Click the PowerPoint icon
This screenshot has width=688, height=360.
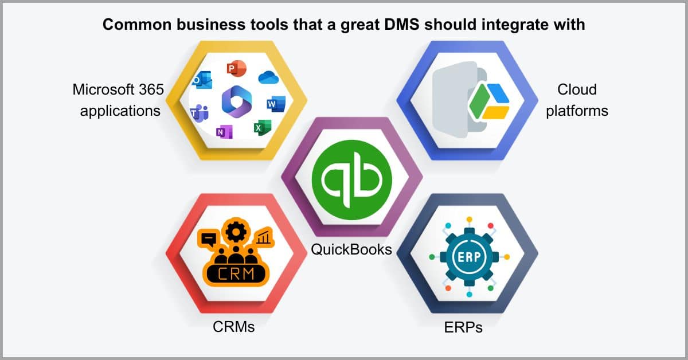(x=236, y=68)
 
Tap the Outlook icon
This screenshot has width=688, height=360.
(x=202, y=80)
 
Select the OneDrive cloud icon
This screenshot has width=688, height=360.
(x=268, y=77)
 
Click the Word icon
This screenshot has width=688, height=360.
(x=276, y=104)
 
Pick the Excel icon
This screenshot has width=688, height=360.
(x=263, y=127)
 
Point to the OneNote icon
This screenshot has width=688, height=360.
(x=224, y=132)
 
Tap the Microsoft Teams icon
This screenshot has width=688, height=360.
(x=200, y=113)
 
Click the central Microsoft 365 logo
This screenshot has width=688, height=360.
(x=236, y=101)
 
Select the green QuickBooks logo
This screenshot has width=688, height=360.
(x=351, y=179)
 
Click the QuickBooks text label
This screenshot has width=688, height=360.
(x=351, y=249)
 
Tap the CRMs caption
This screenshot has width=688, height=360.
(x=234, y=327)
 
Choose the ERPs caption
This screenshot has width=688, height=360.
(x=463, y=327)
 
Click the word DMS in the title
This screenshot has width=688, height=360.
(x=402, y=24)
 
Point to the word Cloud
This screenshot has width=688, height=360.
(x=577, y=89)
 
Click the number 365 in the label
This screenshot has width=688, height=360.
(x=151, y=89)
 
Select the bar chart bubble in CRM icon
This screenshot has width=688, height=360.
(x=264, y=237)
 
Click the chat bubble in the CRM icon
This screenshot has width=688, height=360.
(x=208, y=238)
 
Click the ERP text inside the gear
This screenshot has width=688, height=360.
(x=469, y=257)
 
